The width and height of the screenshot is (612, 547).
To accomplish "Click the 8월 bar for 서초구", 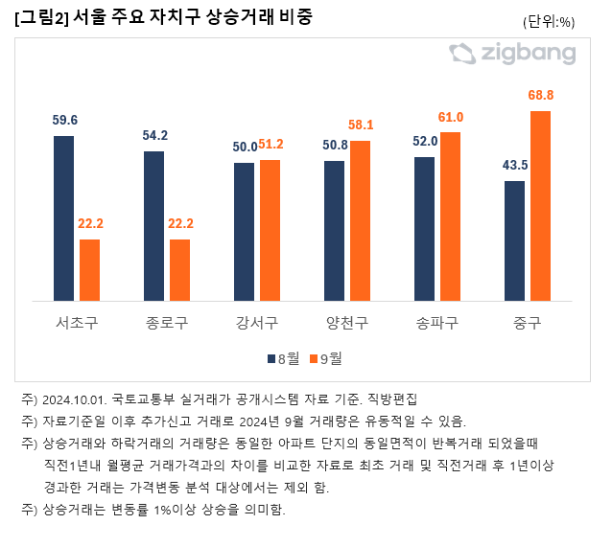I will click(x=63, y=217).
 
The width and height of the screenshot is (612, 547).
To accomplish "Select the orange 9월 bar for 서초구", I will click(x=89, y=269).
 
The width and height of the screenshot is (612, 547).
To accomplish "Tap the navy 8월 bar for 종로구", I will click(x=153, y=225).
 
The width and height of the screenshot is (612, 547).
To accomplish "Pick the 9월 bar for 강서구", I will click(x=270, y=230).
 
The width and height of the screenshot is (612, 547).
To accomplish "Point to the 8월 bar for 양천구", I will click(x=334, y=230).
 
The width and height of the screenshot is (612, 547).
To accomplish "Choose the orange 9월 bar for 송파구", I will click(x=450, y=216).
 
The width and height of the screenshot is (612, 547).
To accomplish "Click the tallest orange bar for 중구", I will click(x=540, y=205).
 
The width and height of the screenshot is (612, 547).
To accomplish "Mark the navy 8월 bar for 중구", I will click(x=514, y=240).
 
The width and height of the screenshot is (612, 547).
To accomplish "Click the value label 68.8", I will click(x=541, y=95).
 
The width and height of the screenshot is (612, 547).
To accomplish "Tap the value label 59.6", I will click(x=64, y=121).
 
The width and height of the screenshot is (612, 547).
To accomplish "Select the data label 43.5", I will click(x=515, y=165).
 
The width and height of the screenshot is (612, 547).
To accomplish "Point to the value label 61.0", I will click(x=450, y=117).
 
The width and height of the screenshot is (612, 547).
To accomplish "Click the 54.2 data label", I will click(x=153, y=135).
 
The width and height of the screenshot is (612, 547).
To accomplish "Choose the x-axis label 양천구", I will click(x=346, y=321).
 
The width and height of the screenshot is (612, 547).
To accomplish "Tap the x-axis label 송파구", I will click(x=436, y=321).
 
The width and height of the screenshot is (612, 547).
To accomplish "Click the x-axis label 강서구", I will click(x=256, y=321).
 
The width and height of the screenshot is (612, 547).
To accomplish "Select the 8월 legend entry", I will click(x=283, y=358).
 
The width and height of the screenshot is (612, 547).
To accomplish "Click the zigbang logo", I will click(x=512, y=53).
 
